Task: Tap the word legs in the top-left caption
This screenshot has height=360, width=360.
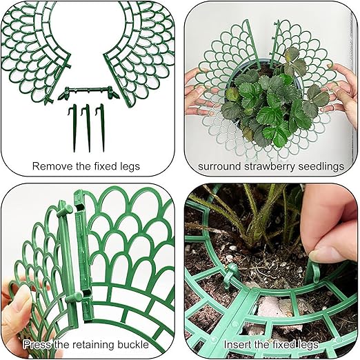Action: [130, 167]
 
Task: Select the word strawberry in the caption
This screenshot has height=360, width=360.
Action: [270, 167]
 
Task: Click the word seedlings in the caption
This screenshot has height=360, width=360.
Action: [321, 167]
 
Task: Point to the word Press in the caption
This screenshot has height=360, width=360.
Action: [37, 344]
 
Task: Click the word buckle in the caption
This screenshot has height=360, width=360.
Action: [133, 344]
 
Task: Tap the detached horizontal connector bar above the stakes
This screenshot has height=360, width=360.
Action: [88, 92]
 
